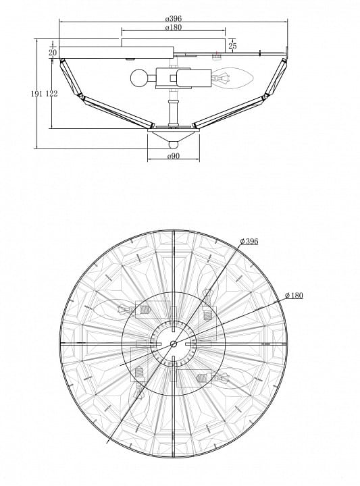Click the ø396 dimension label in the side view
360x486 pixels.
174,18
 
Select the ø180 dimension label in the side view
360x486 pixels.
174,27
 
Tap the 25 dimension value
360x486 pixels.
232,46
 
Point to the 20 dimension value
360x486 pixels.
53,53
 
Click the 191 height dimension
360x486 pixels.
36,94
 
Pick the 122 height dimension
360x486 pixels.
51,94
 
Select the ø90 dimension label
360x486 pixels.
174,156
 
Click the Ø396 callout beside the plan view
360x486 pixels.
249,241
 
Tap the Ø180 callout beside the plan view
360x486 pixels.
294,296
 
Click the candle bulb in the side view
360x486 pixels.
232,78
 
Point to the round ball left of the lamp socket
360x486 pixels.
138,78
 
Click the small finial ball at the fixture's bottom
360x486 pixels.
174,145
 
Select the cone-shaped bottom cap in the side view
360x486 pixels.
174,135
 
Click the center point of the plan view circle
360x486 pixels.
174,344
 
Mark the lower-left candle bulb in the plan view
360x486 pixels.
139,400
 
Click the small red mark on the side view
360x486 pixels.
217,52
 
